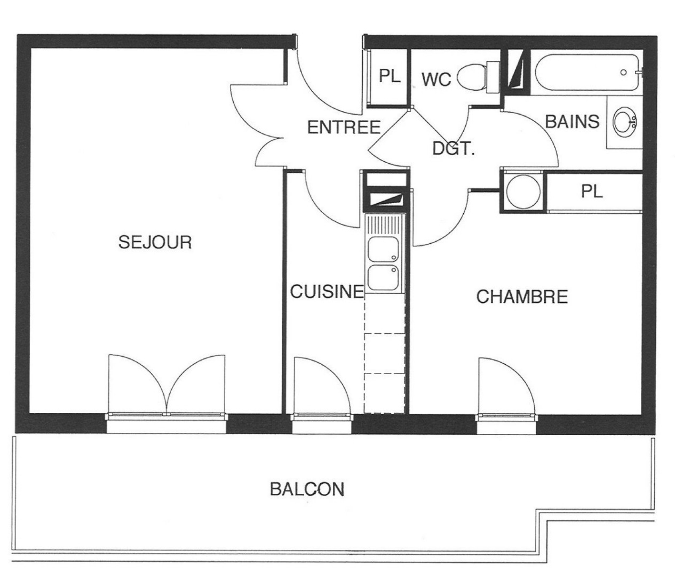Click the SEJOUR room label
coord(155,242)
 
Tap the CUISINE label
coord(327,291)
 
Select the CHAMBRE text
coord(522,297)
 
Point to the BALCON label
coord(307,489)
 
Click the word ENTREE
coord(344,127)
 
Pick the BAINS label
coord(572,121)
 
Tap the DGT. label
coord(454,148)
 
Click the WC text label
coord(437,79)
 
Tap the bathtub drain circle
coord(623,73)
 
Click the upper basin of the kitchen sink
coord(383,249)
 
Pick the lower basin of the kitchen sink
coord(383,277)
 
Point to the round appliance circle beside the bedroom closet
coord(523,192)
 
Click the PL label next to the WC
coord(389,76)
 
